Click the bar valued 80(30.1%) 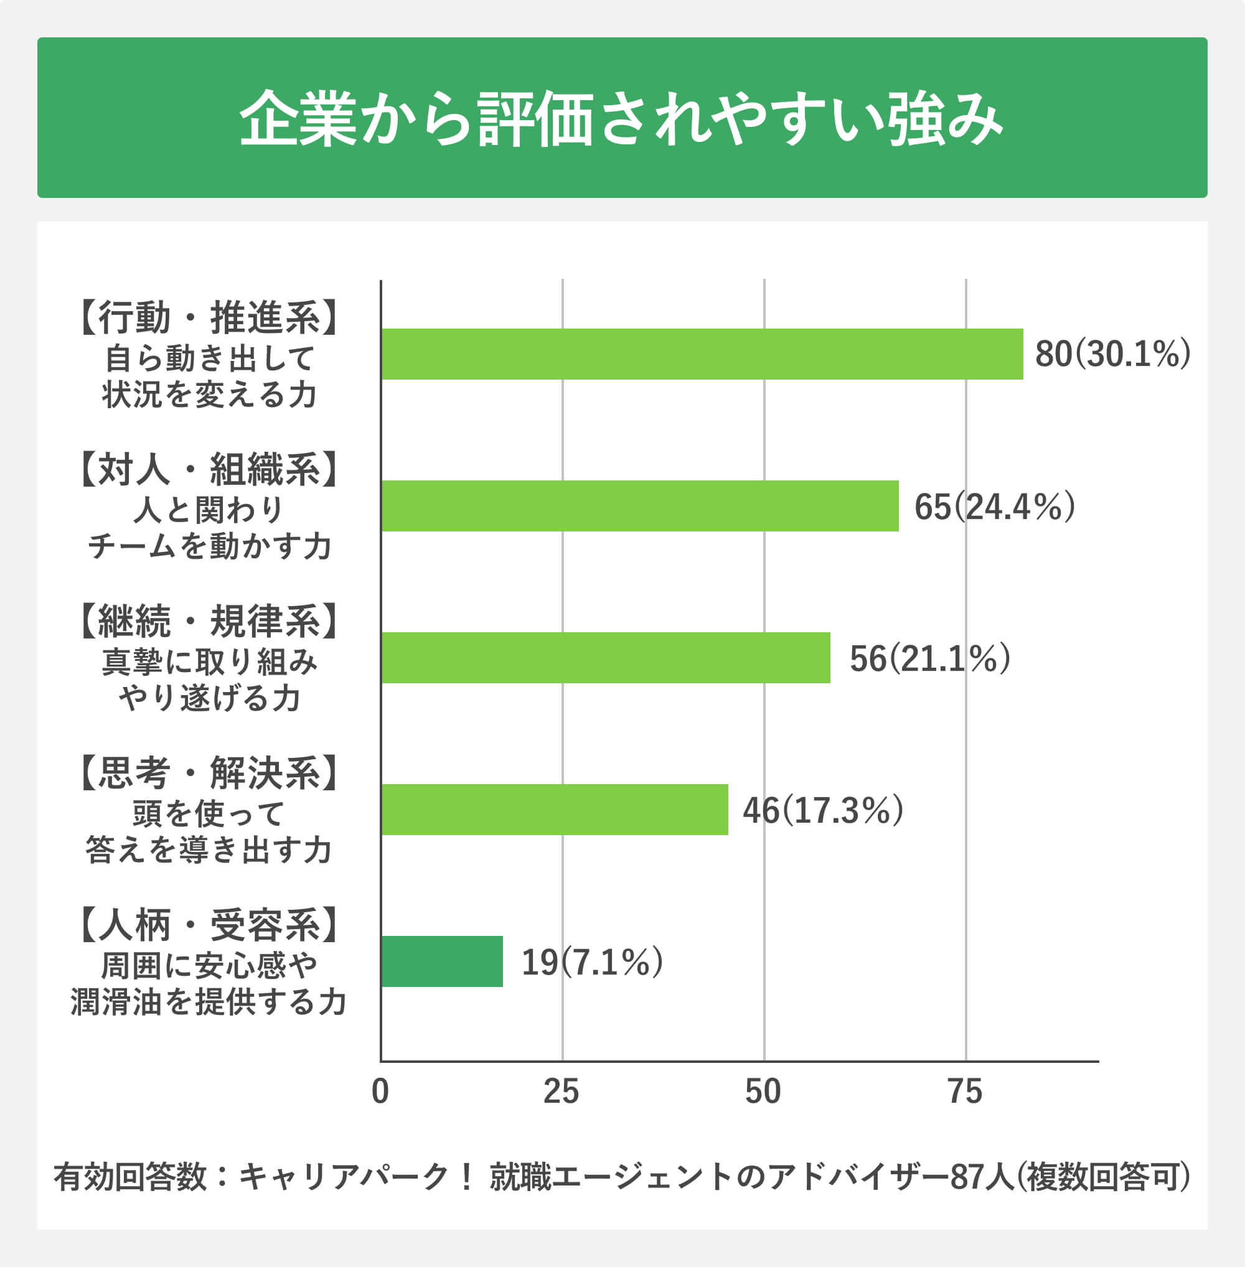702,353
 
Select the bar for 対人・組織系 639,506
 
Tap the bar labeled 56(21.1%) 606,658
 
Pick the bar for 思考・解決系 555,810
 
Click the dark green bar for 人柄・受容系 442,961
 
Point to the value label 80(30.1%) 1112,353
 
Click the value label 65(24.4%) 994,506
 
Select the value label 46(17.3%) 822,810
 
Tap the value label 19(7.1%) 592,961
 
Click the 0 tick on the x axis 380,1091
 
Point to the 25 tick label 561,1091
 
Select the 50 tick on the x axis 763,1091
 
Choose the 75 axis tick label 965,1091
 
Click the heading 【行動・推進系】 209,319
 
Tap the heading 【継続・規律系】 209,622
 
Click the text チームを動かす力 209,545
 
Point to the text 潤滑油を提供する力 209,1001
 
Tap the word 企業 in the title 298,119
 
